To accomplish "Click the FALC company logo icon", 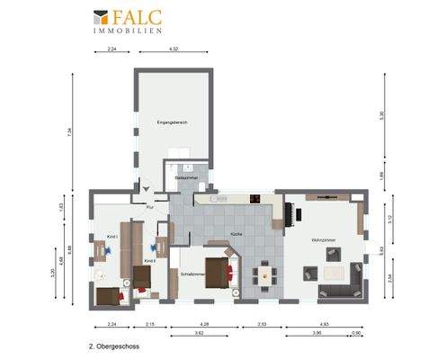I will coord(101,18).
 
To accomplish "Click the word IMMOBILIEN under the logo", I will coord(128,31).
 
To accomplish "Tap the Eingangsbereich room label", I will coord(171,121).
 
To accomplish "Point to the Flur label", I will coord(150,207).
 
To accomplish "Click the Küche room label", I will coord(236,233).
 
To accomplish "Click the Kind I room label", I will coord(112,236).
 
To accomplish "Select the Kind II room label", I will coord(149,261).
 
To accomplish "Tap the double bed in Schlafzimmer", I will coord(219,272).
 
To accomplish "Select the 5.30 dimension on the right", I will coord(381,115).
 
